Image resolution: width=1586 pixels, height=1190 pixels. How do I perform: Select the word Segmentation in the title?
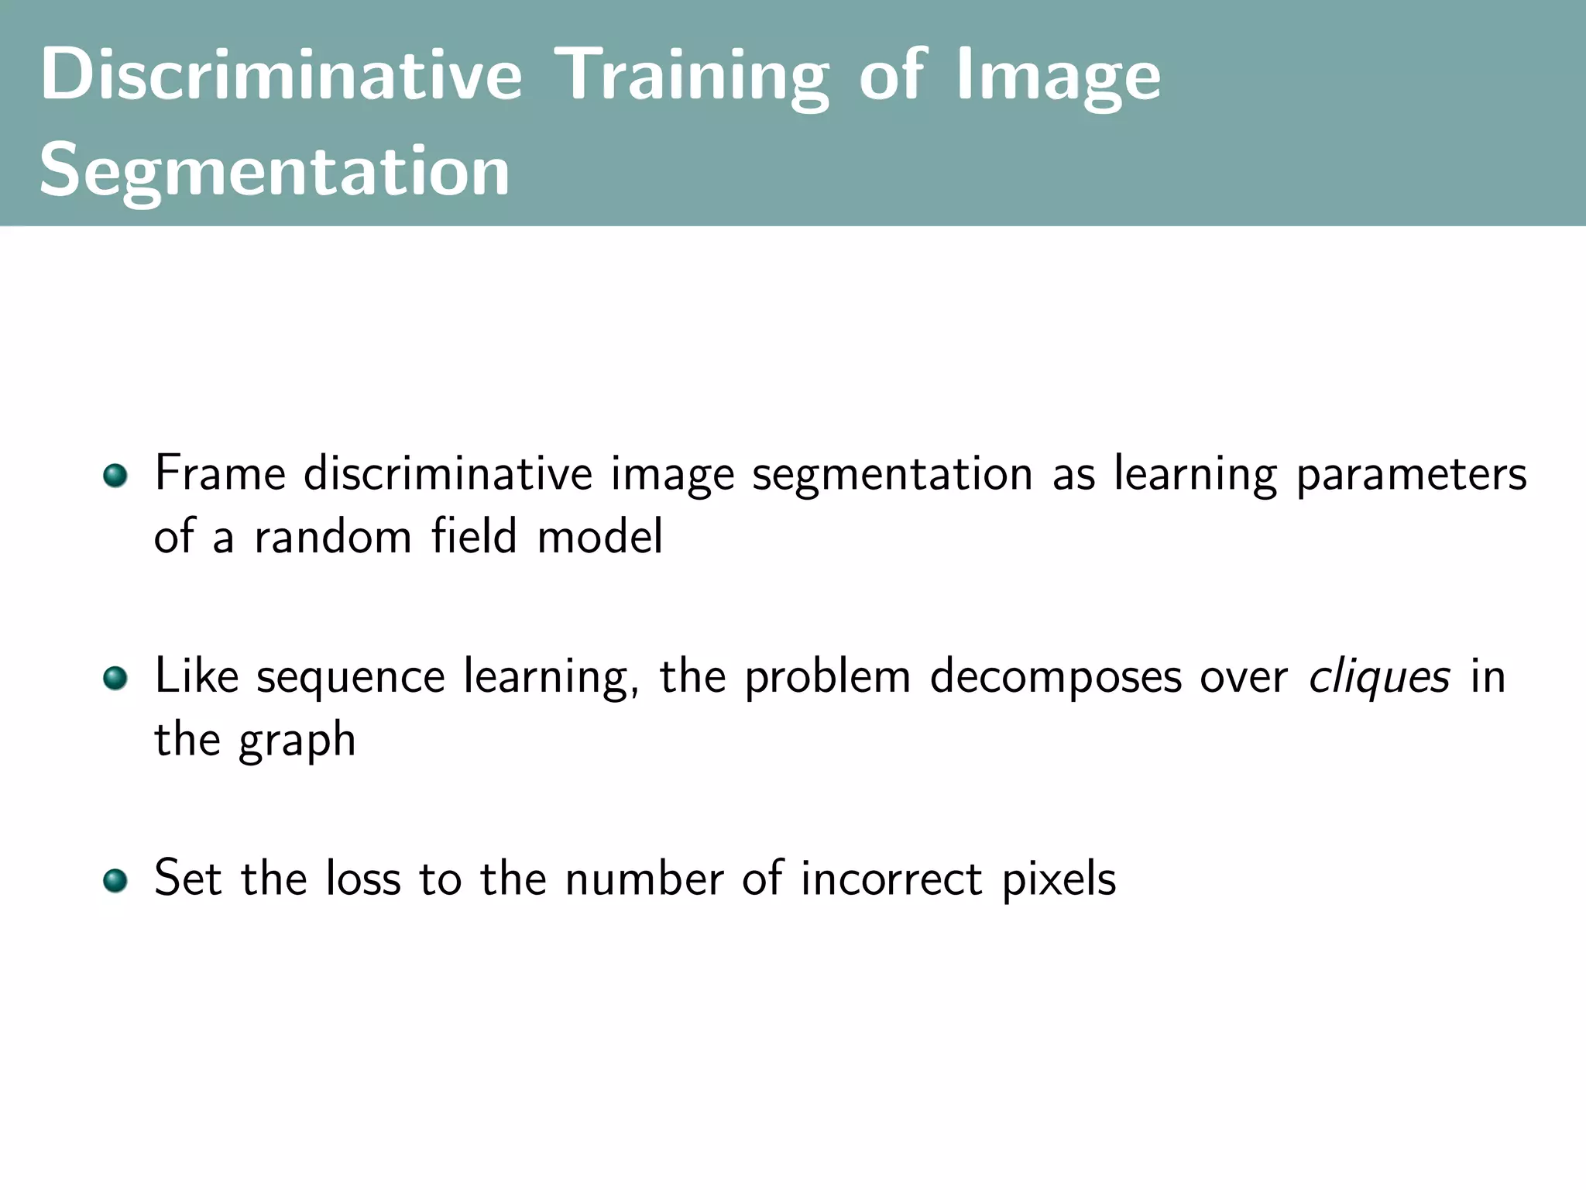pyautogui.click(x=275, y=172)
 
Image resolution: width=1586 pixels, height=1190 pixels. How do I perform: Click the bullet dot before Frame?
pyautogui.click(x=115, y=475)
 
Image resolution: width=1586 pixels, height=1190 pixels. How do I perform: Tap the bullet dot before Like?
pyautogui.click(x=115, y=678)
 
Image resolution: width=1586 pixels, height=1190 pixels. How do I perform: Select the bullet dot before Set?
pyautogui.click(x=115, y=881)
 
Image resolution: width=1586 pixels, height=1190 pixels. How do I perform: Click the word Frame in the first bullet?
pyautogui.click(x=220, y=473)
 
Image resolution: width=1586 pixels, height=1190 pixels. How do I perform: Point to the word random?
pyautogui.click(x=333, y=536)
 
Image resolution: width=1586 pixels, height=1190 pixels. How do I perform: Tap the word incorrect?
pyautogui.click(x=891, y=879)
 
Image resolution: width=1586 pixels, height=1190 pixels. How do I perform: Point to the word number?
pyautogui.click(x=644, y=879)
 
